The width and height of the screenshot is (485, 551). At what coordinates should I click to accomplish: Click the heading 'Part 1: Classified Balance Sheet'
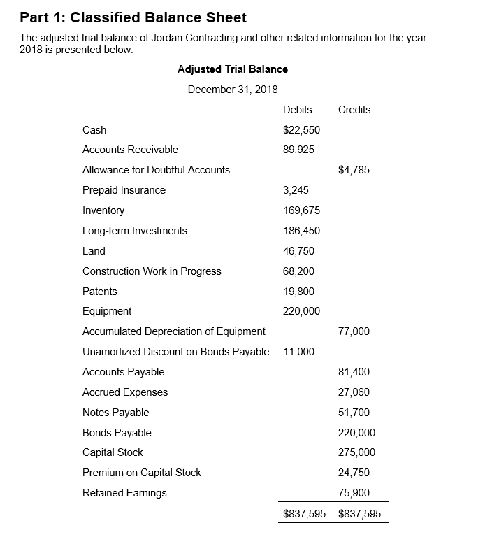(x=133, y=17)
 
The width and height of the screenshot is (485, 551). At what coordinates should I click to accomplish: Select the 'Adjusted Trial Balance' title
(x=233, y=69)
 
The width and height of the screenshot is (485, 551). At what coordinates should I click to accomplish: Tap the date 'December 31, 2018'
(x=233, y=89)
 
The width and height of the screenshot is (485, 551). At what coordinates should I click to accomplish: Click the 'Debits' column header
(x=297, y=109)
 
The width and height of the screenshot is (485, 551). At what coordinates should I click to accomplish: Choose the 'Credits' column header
(x=354, y=109)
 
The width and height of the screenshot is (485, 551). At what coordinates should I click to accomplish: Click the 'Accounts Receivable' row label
(x=130, y=150)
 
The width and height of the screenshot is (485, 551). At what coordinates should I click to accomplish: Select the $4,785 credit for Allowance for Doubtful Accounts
(x=354, y=170)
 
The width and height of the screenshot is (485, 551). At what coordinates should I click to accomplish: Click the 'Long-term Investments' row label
(x=135, y=231)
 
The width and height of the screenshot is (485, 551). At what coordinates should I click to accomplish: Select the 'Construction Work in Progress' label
(x=152, y=271)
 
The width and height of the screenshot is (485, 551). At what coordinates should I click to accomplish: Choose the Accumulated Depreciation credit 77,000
(x=354, y=331)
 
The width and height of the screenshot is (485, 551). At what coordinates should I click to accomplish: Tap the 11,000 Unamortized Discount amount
(x=298, y=352)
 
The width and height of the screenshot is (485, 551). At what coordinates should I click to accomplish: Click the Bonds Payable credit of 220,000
(x=356, y=433)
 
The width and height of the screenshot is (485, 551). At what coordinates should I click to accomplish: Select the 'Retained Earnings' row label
(x=124, y=493)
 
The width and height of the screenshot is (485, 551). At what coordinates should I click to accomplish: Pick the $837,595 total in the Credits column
(x=359, y=514)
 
